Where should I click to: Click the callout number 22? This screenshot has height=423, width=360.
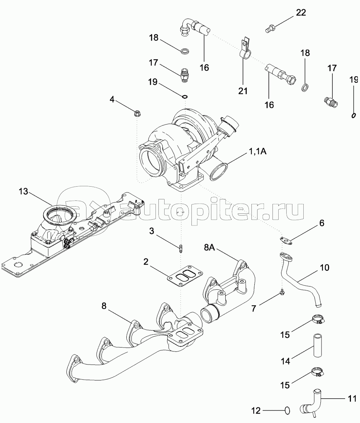(301, 13)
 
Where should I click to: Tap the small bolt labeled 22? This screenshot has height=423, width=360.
(270, 28)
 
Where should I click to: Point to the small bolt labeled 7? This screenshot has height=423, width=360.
(282, 292)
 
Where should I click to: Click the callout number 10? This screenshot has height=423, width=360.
(324, 268)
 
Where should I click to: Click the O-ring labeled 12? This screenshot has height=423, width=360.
(287, 411)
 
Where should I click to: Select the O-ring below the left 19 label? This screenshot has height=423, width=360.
(185, 97)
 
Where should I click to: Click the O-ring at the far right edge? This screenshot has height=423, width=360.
(353, 115)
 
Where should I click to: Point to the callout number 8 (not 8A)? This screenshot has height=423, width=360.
(104, 306)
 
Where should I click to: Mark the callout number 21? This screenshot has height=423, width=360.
(243, 91)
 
